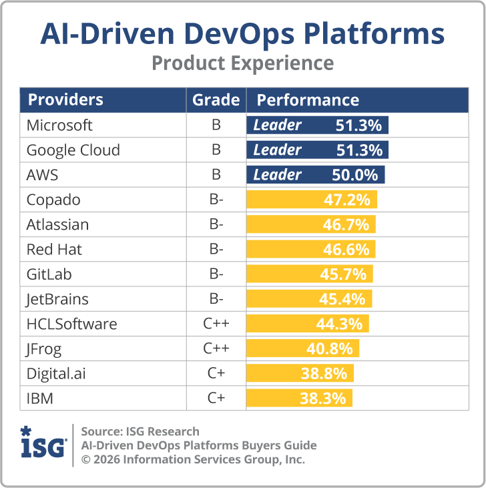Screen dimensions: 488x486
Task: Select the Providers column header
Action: coord(65,100)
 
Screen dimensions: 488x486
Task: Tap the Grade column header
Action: coord(216,100)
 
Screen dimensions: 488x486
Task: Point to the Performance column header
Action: coord(308,100)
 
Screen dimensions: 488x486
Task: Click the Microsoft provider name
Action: coord(59,126)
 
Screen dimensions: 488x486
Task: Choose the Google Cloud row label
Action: coord(73,150)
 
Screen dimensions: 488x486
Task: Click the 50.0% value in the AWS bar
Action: coord(354,175)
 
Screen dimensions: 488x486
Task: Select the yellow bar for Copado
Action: coord(312,200)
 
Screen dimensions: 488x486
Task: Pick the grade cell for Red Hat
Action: coord(216,250)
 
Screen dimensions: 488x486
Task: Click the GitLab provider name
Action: coord(49,274)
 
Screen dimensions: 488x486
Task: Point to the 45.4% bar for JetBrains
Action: coord(309,299)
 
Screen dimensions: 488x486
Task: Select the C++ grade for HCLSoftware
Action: coord(216,324)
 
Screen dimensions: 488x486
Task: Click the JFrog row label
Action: coord(44,349)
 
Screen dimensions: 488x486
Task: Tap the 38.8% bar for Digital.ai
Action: coord(300,374)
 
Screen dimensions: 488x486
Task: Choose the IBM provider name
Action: coord(39,399)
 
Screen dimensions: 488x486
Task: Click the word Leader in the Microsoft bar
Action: coord(277,126)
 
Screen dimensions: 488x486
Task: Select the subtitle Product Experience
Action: coord(242,63)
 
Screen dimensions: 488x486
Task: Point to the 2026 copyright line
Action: coord(193,459)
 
